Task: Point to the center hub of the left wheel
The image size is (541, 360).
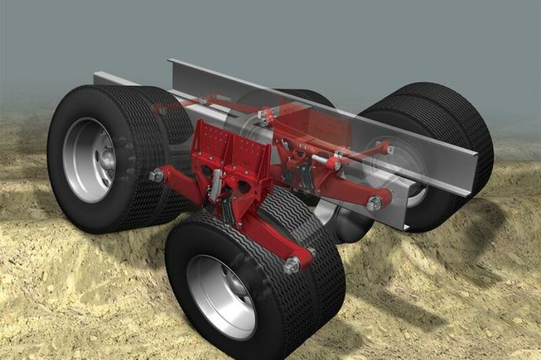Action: [x=105, y=159]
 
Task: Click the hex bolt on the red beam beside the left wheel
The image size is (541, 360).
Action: [x=157, y=176]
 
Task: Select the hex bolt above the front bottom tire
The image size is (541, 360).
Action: [x=292, y=265]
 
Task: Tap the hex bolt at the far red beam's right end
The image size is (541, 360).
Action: [x=374, y=202]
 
